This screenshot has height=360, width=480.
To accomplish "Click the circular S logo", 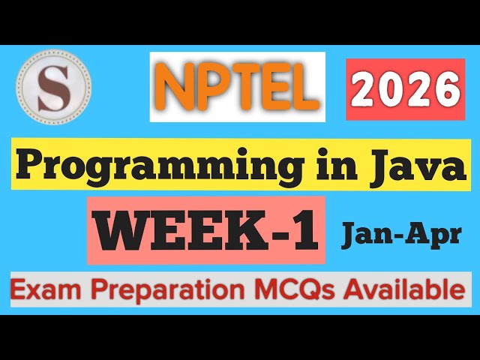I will tap(53, 86).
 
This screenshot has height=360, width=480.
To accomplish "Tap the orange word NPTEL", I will tap(237, 87).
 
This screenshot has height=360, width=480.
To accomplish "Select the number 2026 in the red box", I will tap(406, 91).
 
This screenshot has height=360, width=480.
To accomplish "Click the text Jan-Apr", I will tap(401, 235).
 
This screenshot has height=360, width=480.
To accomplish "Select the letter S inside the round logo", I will tap(53, 86).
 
